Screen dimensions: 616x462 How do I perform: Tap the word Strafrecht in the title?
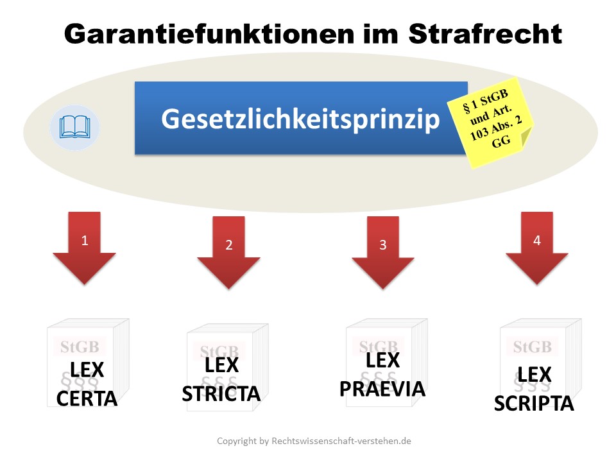tap(485, 34)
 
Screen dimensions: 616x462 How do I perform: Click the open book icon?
tap(74, 127)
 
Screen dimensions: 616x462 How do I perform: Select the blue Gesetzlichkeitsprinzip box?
tap(301, 118)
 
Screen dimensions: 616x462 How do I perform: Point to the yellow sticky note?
tap(491, 122)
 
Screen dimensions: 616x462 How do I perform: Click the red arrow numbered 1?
tap(84, 248)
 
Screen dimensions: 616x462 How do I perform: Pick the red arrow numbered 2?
tap(228, 252)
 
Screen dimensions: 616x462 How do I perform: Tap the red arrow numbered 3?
tap(383, 252)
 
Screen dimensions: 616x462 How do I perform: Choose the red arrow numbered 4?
tap(536, 248)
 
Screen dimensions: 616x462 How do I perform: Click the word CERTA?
tap(87, 398)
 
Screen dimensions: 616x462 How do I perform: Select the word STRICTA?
tap(221, 393)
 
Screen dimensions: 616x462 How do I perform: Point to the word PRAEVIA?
tap(382, 389)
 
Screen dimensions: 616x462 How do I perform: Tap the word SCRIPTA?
tap(534, 404)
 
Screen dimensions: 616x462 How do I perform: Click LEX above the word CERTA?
tap(87, 370)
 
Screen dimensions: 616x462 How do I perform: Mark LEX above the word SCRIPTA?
tap(535, 374)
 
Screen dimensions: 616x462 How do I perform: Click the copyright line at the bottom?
tap(314, 441)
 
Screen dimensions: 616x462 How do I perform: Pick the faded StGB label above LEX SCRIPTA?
tap(533, 347)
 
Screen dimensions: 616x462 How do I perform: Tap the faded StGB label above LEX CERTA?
tap(80, 347)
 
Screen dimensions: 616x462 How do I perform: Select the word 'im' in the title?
tap(381, 34)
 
